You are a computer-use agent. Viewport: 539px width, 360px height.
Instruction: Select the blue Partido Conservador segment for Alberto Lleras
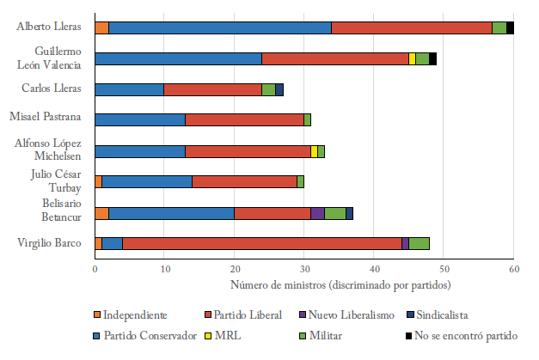tap(220, 27)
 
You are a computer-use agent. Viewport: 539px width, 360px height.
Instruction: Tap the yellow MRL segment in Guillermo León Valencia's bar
tap(412, 58)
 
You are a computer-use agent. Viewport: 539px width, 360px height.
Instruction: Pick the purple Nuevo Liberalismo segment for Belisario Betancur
tap(317, 213)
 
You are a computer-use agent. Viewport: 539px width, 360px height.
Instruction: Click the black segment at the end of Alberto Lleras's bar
tap(510, 27)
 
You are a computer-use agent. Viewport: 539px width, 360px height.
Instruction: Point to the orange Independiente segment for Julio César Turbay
tap(98, 181)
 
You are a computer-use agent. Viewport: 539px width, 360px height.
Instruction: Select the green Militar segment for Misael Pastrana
tap(307, 119)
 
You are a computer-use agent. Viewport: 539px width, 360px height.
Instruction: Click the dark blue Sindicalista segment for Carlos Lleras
tap(279, 89)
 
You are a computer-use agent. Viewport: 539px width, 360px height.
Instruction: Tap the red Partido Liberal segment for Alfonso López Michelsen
tap(248, 151)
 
